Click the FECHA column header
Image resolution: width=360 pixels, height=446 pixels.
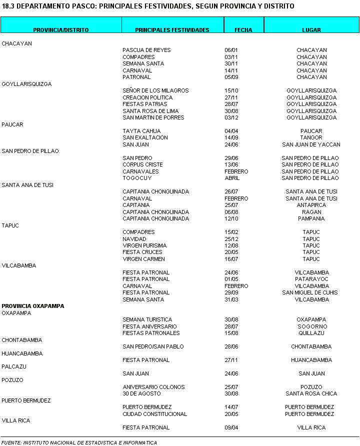[243, 30]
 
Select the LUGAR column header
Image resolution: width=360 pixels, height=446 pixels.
[311, 30]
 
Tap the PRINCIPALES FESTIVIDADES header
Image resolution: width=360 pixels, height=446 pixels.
[172, 30]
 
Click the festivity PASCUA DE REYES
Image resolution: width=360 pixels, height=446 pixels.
[146, 50]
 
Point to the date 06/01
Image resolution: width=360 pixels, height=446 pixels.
[231, 50]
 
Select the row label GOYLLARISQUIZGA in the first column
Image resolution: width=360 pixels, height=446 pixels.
[26, 84]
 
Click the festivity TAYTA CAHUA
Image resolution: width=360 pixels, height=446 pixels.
[141, 131]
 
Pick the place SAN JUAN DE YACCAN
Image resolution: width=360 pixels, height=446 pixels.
[311, 144]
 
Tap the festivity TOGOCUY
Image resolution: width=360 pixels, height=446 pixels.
[137, 178]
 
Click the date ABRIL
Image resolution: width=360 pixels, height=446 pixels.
[232, 178]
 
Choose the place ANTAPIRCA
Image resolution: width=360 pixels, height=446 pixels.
[311, 205]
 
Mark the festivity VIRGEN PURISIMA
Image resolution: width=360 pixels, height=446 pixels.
[144, 245]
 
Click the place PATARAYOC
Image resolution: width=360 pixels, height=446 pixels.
[311, 279]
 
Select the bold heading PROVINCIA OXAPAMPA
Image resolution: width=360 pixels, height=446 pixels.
[33, 306]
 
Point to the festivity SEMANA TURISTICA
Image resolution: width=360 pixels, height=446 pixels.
[147, 319]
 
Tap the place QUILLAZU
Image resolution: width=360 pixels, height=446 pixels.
[311, 333]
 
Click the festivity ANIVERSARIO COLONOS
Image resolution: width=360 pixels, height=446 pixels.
[153, 387]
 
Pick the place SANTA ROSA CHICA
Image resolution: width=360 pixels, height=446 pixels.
[311, 393]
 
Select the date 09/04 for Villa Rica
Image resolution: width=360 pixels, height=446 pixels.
[231, 427]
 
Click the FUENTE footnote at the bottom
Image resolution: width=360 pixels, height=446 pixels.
[79, 442]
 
